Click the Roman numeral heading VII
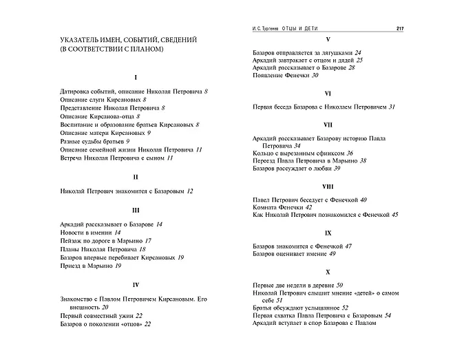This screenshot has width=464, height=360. pos(328,125)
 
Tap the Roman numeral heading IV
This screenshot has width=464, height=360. pos(136,284)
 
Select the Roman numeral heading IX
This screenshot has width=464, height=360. pos(328,233)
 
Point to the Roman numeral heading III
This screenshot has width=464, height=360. pos(136,210)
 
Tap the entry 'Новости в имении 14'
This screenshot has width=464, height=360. pos(90,233)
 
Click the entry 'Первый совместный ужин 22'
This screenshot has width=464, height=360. pos(102,315)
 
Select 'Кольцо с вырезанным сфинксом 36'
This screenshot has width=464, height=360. pos(303,153)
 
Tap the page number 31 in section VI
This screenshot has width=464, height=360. pos(392,107)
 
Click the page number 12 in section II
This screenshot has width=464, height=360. pos(190,191)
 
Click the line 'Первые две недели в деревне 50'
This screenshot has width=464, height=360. pos(307,284)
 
